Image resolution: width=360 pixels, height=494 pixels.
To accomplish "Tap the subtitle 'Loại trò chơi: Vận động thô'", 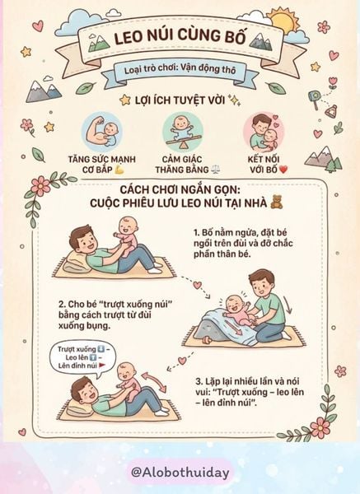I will point(179,70).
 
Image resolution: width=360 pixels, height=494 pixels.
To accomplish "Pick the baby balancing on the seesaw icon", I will point(184,128).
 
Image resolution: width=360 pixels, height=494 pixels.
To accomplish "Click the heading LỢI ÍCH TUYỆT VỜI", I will point(180,100).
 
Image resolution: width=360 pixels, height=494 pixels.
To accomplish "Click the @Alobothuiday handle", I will point(180,472).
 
